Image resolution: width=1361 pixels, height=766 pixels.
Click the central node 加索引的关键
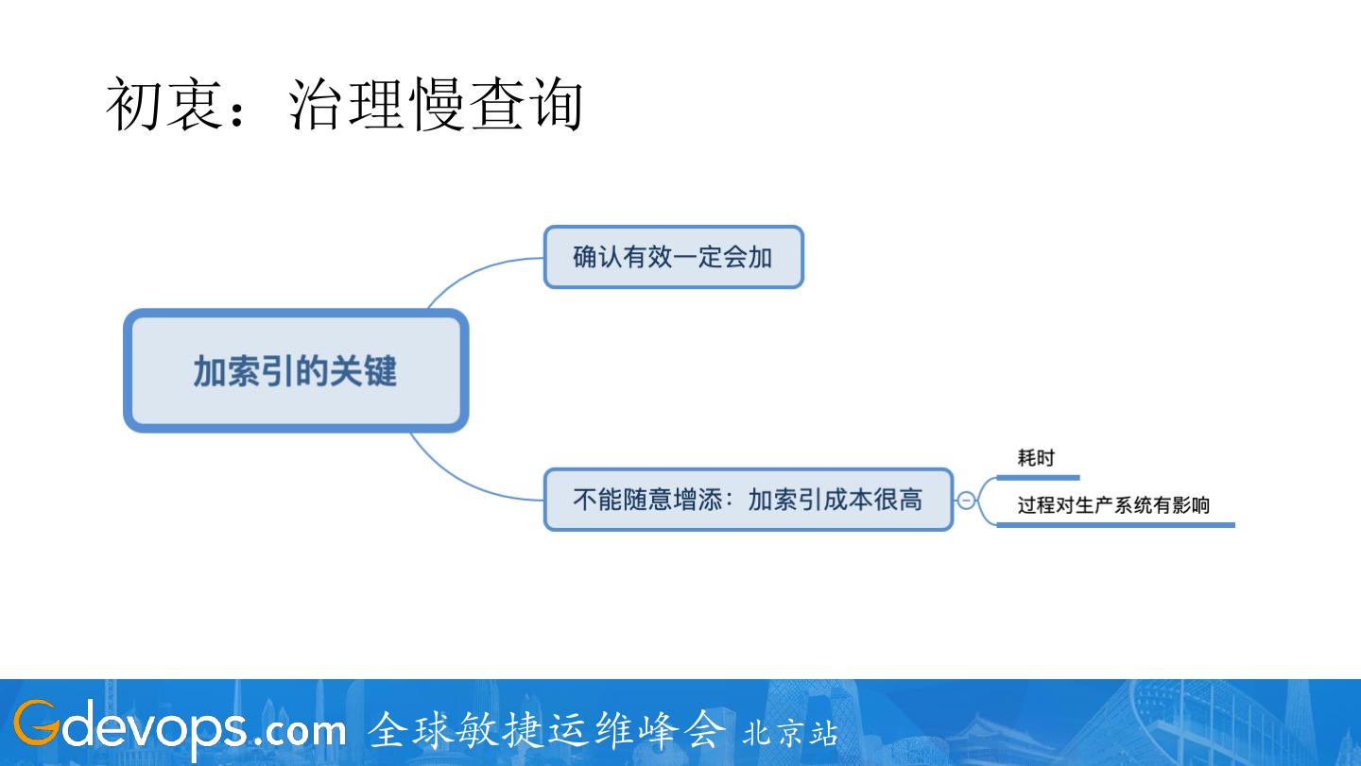coord(296,371)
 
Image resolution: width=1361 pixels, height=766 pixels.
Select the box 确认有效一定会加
coord(673,257)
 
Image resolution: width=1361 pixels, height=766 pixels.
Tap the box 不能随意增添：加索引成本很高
coord(748,499)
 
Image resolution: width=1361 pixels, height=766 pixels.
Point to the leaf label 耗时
coord(1036,459)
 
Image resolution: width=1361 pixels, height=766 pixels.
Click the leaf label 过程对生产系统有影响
coord(1113,505)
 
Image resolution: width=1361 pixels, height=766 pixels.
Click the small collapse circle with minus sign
coord(966,501)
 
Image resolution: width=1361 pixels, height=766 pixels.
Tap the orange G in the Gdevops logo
coord(34,726)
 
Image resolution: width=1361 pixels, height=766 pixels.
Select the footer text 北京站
coord(790,733)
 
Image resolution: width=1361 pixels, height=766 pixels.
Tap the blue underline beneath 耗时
coord(1038,478)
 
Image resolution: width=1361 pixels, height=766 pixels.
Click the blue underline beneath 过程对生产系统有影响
coord(1115,524)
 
